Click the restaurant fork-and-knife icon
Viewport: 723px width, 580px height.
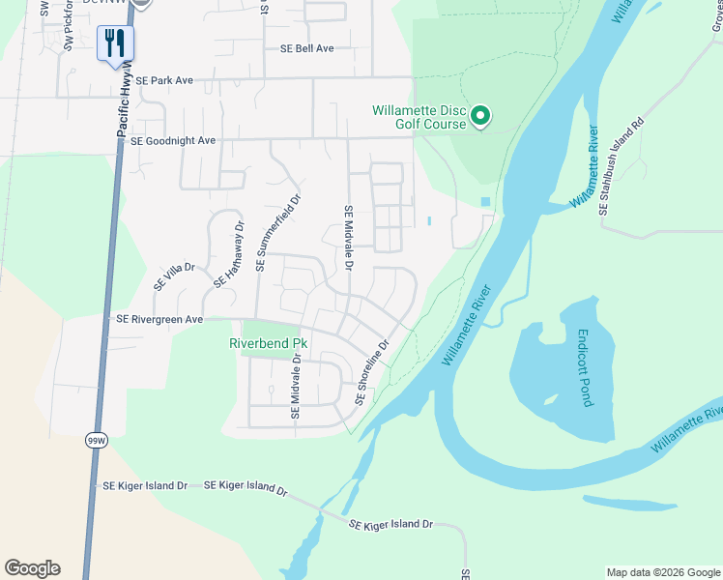pos(115,43)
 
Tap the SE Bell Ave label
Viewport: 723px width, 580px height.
pos(306,48)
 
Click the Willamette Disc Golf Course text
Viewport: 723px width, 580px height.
pos(419,116)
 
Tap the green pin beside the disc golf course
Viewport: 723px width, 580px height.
pos(481,118)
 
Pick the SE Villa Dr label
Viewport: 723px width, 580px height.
pos(174,277)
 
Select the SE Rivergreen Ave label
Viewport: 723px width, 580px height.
pos(159,319)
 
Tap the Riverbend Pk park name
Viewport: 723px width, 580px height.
pos(268,343)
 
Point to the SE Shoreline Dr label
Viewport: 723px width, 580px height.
pos(371,372)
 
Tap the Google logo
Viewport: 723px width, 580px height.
pos(32,568)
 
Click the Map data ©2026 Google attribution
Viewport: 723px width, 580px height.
pos(662,572)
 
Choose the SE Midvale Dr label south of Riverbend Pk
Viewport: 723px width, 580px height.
pos(297,387)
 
